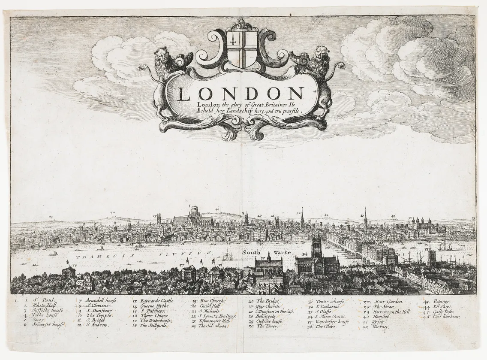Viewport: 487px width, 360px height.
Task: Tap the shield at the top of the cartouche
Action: [x=242, y=48]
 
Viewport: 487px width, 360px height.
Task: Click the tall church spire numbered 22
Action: [x=302, y=219]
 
